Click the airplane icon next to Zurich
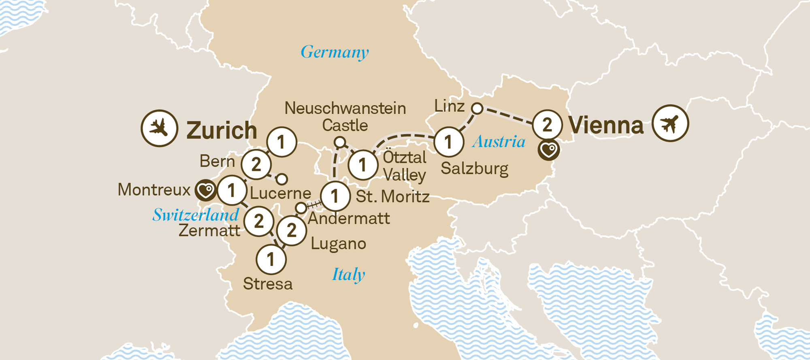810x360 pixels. tap(159, 128)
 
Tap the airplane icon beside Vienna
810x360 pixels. tap(670, 123)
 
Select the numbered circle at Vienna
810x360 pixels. tap(547, 125)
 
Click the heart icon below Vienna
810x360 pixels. tap(549, 150)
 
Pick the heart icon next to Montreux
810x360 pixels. tap(205, 190)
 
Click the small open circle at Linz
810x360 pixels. tap(477, 108)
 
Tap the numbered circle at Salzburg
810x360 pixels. tap(448, 142)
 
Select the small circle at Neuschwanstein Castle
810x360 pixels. tap(340, 142)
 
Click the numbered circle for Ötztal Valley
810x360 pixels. tap(362, 165)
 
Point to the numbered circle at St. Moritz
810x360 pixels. tap(335, 196)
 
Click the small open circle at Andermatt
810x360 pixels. tap(301, 208)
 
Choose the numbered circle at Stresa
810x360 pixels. tap(271, 260)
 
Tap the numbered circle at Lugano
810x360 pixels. tap(292, 230)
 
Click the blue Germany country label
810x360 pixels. tap(335, 52)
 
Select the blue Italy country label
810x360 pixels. tap(348, 275)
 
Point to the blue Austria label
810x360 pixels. tap(499, 142)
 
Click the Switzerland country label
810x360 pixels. tap(196, 215)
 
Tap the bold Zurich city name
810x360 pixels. tap(222, 130)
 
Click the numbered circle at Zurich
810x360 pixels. tap(281, 142)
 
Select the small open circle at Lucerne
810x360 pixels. tap(282, 179)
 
